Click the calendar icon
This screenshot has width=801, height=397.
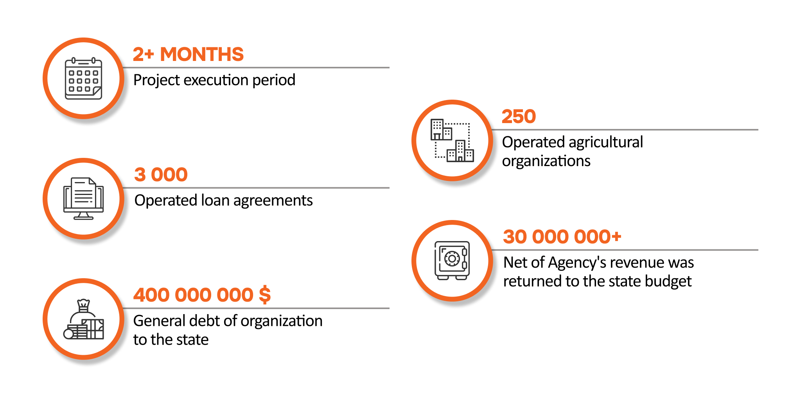click(x=83, y=79)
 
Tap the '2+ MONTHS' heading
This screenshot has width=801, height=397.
click(x=188, y=54)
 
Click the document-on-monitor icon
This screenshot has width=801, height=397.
click(x=83, y=198)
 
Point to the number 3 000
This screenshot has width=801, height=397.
click(x=161, y=175)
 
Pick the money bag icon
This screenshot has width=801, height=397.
click(x=84, y=319)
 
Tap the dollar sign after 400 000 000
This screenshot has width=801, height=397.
click(x=265, y=295)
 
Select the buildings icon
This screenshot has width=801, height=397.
click(x=452, y=140)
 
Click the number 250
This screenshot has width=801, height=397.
click(x=519, y=116)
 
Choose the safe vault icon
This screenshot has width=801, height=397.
click(x=452, y=261)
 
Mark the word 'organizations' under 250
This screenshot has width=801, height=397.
click(x=546, y=161)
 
